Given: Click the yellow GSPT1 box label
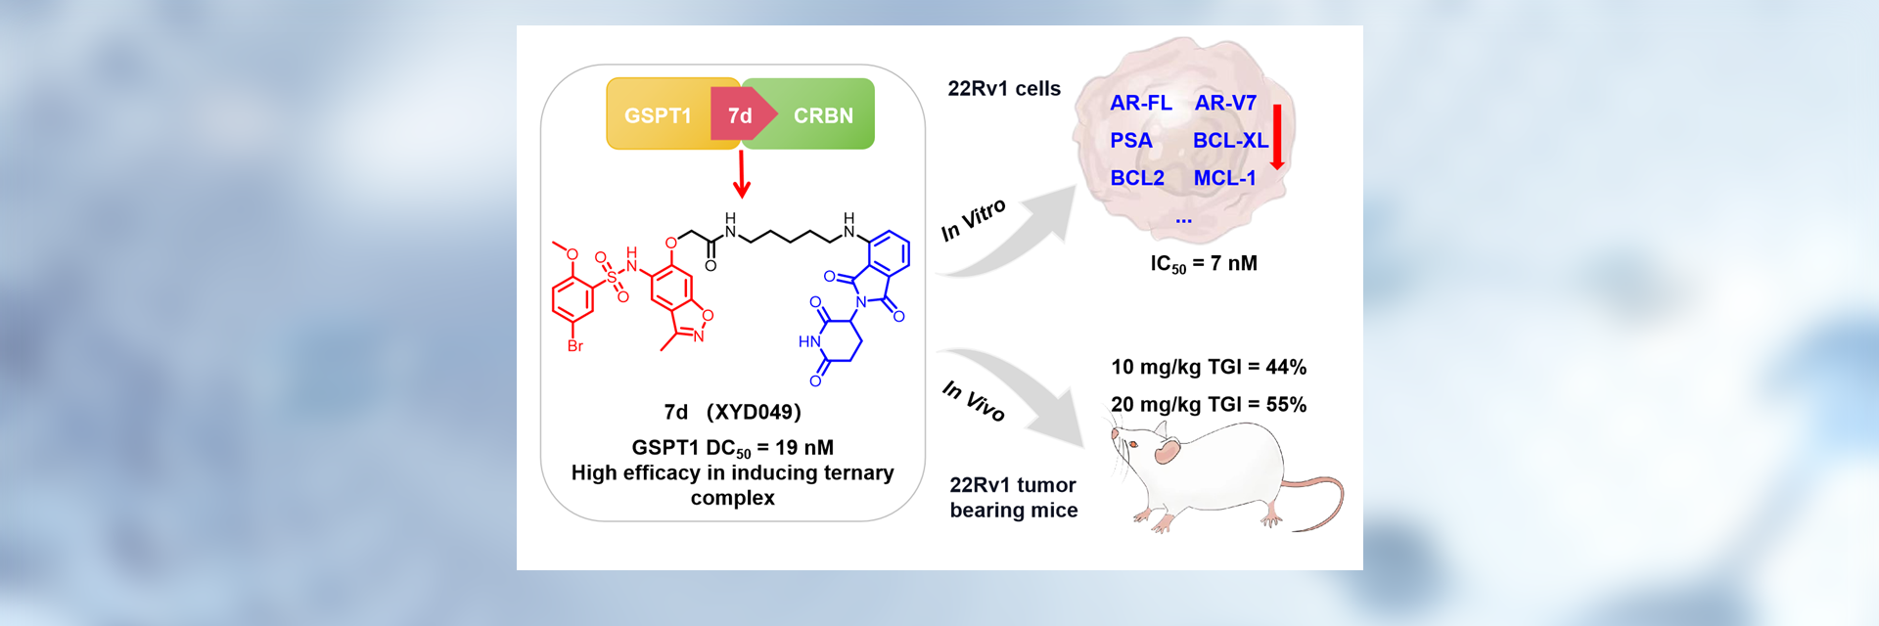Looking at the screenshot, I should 658,115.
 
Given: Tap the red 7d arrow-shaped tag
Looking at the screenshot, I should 741,115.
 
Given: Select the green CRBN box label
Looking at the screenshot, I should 823,115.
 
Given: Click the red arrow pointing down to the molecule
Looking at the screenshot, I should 742,175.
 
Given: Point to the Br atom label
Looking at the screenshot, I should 575,346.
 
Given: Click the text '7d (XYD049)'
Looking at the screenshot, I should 732,412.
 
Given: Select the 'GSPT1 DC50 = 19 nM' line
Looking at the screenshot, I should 732,448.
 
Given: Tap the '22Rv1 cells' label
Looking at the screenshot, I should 1004,89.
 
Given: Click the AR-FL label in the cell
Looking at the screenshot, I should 1140,103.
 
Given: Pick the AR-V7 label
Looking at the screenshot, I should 1225,103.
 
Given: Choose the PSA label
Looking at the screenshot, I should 1130,141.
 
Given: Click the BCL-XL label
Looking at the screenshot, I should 1230,141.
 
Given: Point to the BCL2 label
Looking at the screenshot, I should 1137,178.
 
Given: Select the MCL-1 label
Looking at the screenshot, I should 1224,178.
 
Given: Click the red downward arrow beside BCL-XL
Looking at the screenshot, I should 1277,137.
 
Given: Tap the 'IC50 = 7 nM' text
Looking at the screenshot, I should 1204,264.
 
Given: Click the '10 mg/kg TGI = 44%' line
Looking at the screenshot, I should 1209,367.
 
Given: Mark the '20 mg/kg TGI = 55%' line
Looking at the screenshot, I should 1209,404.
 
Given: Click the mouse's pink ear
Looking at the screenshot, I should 1167,451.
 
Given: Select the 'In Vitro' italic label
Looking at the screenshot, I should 973,220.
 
